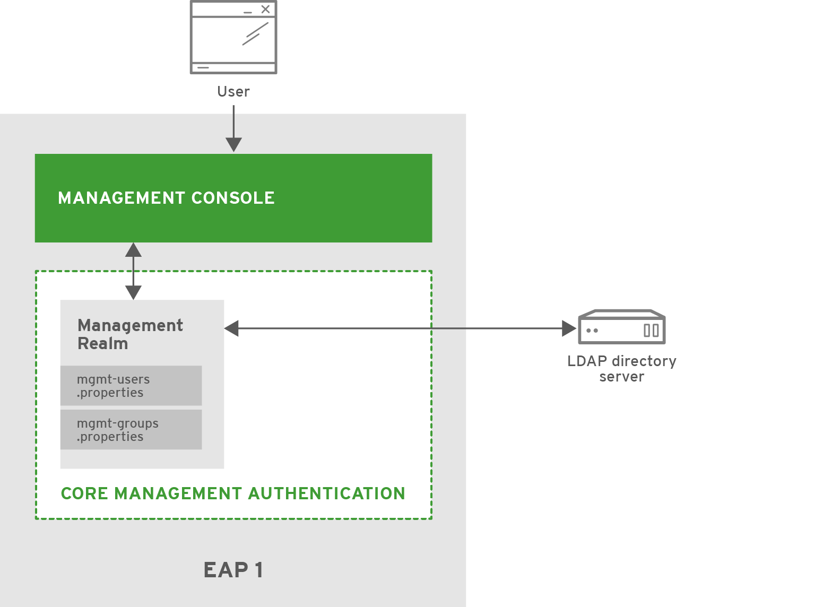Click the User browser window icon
[233, 37]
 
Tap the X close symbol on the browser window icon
[265, 9]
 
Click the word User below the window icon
[233, 92]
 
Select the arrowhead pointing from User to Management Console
[233, 144]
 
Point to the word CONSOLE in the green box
[233, 198]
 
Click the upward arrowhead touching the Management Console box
[133, 250]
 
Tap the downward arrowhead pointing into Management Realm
[133, 292]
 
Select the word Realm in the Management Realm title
[103, 344]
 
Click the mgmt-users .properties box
[131, 386]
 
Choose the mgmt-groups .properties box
[131, 430]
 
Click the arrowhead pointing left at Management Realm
[232, 328]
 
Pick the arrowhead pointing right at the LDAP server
[569, 328]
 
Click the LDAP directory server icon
[621, 327]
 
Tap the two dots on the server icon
[592, 331]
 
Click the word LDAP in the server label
[587, 361]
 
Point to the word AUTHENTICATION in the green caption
[326, 493]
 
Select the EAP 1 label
[233, 570]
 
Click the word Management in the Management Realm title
[130, 325]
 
